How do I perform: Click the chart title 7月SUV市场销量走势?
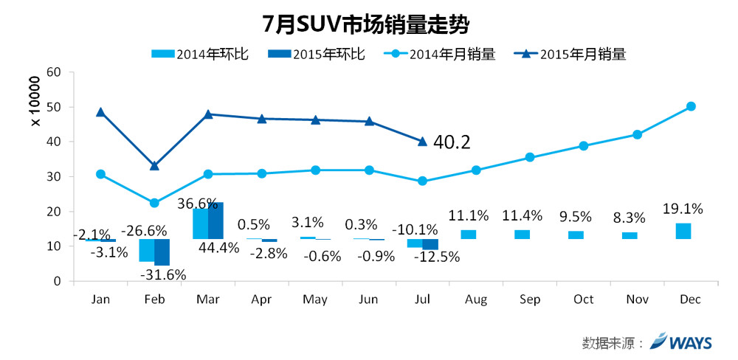(x=366, y=24)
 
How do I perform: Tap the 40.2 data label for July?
(x=452, y=142)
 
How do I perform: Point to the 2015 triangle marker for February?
(x=154, y=166)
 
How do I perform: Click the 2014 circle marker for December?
(x=691, y=106)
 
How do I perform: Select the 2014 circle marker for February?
(x=154, y=204)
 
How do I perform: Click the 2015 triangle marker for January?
(x=100, y=112)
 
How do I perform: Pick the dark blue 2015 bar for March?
(x=215, y=221)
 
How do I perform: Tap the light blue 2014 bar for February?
(x=147, y=250)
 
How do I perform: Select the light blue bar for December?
(x=683, y=231)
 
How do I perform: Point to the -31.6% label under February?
(x=163, y=274)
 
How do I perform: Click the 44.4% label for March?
(x=219, y=248)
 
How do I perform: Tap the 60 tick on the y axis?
(x=55, y=72)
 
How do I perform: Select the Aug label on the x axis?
(x=476, y=300)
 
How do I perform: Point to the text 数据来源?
(x=607, y=342)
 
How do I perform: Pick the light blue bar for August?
(x=469, y=235)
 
